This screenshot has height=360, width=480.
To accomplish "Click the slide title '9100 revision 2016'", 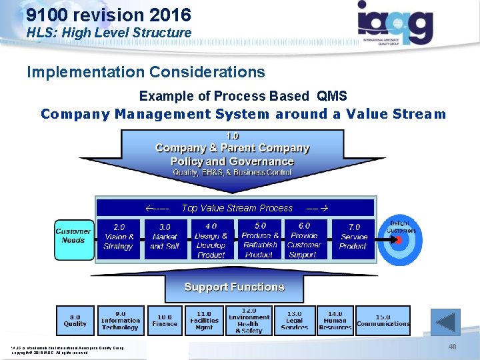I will (x=109, y=15).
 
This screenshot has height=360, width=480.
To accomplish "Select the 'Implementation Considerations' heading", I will (x=145, y=72).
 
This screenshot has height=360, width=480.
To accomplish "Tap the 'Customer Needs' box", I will (x=73, y=236).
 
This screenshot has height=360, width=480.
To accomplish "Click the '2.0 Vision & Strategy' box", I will (x=119, y=238).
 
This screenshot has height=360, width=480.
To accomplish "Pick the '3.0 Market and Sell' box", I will (x=165, y=238).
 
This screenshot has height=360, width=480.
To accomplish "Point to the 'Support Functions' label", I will (x=234, y=287).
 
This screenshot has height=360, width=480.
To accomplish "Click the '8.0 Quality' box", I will (x=75, y=320).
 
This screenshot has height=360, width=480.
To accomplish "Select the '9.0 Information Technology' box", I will (x=120, y=320).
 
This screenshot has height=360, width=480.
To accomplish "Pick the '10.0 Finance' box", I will (x=165, y=320).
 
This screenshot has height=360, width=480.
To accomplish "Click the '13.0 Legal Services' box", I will (x=294, y=320).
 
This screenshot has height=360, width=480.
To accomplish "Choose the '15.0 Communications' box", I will (x=383, y=320).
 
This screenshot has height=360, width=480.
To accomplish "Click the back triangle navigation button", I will (x=445, y=322).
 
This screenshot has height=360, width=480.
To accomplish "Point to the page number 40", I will (x=452, y=347).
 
